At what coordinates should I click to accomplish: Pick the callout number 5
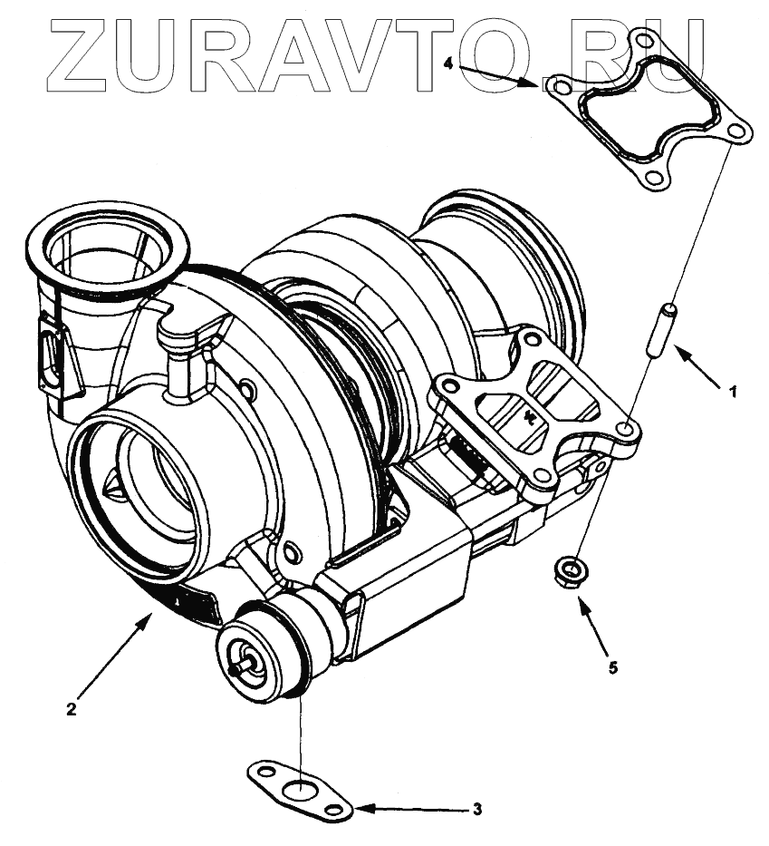pos(613,668)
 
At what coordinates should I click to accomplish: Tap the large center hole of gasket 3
pos(296,789)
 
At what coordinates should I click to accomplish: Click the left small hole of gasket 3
pos(260,773)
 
